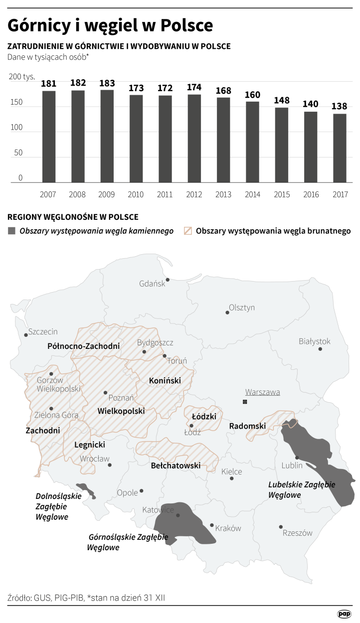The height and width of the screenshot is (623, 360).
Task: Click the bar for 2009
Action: coord(107,136)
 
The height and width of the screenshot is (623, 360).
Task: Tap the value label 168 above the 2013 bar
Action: coord(223,91)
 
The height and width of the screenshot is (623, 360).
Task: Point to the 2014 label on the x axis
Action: coord(252,194)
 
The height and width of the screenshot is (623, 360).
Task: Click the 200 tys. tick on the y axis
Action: coord(22,77)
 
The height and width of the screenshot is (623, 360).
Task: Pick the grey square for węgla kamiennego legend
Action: coord(11,231)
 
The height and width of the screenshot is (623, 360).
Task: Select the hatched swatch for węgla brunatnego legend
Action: coord(188,231)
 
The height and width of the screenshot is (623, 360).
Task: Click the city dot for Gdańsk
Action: coord(168,280)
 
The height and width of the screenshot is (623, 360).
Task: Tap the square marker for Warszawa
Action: coord(245,402)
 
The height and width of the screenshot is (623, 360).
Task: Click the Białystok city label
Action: coord(314,341)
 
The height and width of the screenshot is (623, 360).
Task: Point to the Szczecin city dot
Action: coord(25,335)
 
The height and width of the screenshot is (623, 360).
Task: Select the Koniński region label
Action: coord(165,381)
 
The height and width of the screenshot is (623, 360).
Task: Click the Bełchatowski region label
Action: coord(176,466)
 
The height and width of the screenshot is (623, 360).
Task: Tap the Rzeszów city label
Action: coord(297,533)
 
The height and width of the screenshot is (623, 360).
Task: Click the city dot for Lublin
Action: coord(297,457)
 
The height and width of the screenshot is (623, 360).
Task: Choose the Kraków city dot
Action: coord(212,525)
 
